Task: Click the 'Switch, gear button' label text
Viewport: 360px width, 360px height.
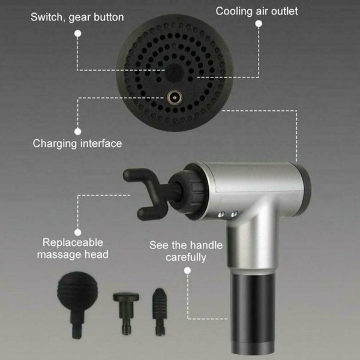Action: (x=77, y=17)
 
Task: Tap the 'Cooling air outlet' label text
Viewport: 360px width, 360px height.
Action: (x=257, y=11)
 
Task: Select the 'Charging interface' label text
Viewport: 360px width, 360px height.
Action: (x=77, y=144)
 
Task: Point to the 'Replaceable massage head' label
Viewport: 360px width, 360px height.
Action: (x=73, y=248)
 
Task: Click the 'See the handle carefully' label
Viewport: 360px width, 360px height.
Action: (x=186, y=251)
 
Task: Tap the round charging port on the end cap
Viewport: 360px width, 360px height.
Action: (x=175, y=98)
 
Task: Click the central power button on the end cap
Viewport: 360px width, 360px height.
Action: (x=175, y=73)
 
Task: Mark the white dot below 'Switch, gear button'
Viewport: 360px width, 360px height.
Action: (x=78, y=34)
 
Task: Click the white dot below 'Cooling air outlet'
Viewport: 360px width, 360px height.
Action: (x=259, y=23)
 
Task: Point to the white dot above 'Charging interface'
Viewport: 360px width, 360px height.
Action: (x=78, y=131)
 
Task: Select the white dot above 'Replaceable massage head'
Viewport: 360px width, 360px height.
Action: (x=78, y=232)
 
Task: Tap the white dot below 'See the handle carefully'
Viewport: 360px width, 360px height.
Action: (x=187, y=271)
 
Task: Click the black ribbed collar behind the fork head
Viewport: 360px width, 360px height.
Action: (x=190, y=192)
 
